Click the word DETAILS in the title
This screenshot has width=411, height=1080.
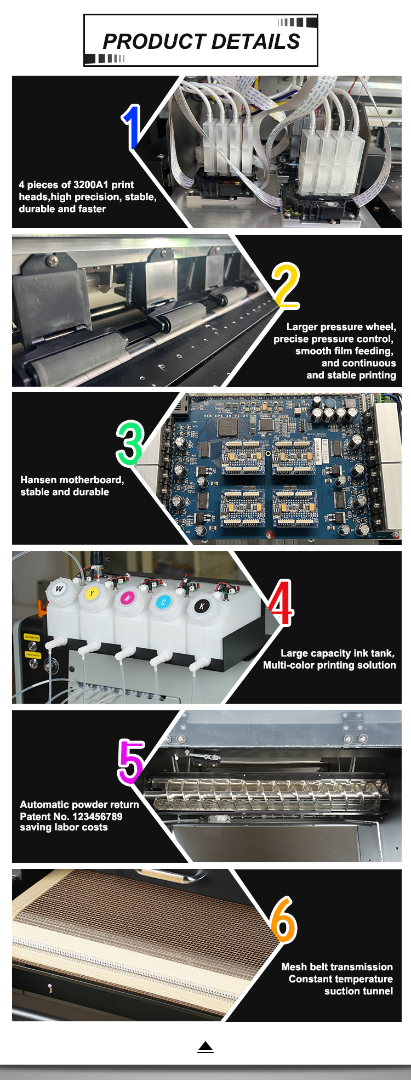click(255, 42)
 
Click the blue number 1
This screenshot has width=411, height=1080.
click(132, 127)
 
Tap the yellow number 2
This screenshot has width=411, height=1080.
click(286, 286)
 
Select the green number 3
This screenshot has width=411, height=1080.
click(130, 443)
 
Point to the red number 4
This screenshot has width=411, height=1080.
click(281, 603)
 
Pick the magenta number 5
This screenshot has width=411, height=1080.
click(131, 762)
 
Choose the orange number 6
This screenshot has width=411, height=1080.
click(284, 920)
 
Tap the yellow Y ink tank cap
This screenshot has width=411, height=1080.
click(92, 593)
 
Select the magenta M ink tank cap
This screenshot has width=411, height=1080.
click(128, 598)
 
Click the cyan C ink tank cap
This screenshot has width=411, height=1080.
click(163, 602)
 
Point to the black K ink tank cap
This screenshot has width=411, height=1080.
click(202, 606)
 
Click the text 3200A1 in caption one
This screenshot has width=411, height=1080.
click(91, 185)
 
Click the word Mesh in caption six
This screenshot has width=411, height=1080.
click(294, 967)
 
